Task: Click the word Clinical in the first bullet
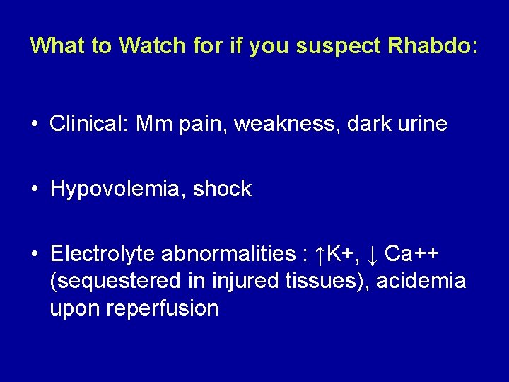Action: tap(90, 124)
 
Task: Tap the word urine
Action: tap(421, 124)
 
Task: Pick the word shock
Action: tap(223, 189)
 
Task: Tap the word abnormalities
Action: tap(230, 253)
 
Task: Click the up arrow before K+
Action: tap(320, 253)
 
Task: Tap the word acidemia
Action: tap(421, 281)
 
